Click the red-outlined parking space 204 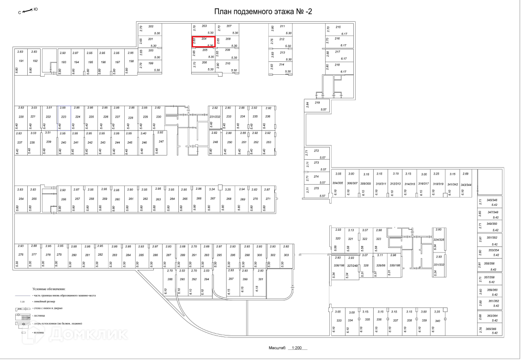click(x=204, y=42)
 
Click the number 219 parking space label click(x=317, y=102)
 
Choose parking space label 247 click(x=161, y=141)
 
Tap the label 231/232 click(x=215, y=116)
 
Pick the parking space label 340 click(x=437, y=320)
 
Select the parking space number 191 click(x=21, y=61)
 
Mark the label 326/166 click(x=339, y=265)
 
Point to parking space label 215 click(x=338, y=27)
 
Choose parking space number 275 click(x=316, y=188)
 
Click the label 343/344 click(x=466, y=184)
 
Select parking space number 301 click(x=260, y=279)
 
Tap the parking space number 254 click(x=21, y=198)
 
